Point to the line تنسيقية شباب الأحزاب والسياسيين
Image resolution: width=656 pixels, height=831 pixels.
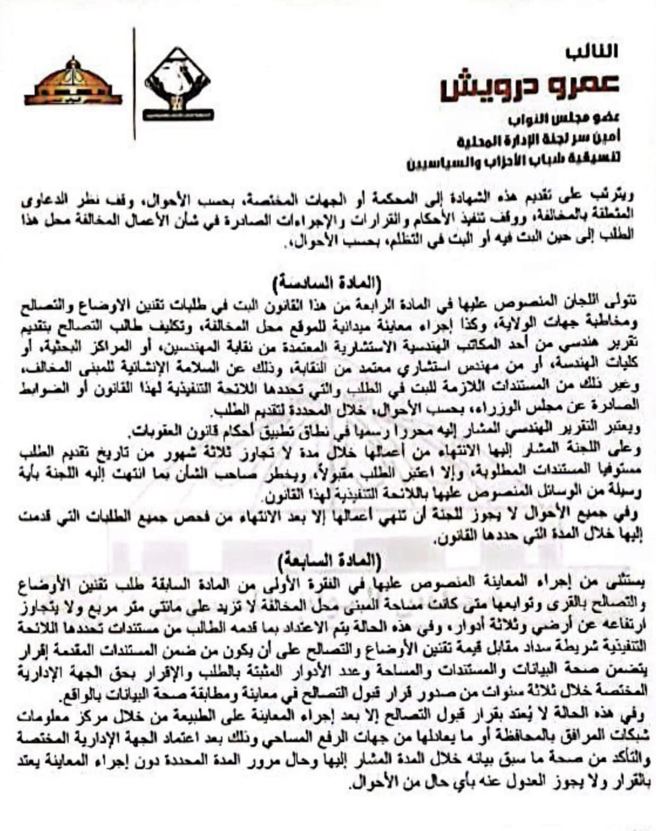[513, 159]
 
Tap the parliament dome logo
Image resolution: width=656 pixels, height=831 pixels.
[73, 84]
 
